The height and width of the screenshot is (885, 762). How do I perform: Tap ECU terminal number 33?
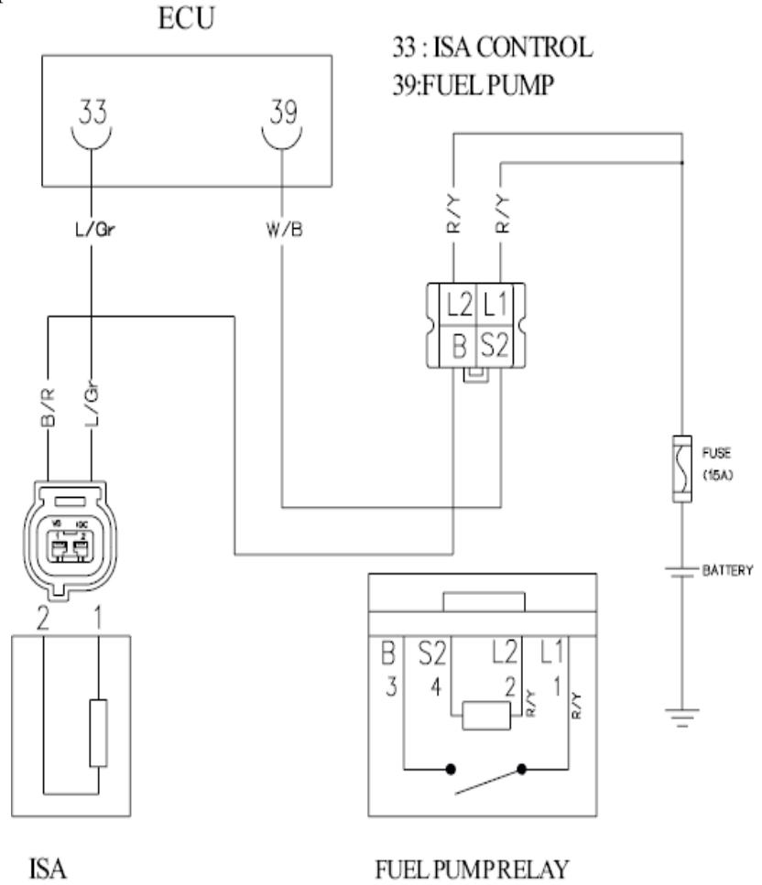[x=92, y=114]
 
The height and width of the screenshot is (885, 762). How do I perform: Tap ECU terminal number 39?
[x=281, y=114]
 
